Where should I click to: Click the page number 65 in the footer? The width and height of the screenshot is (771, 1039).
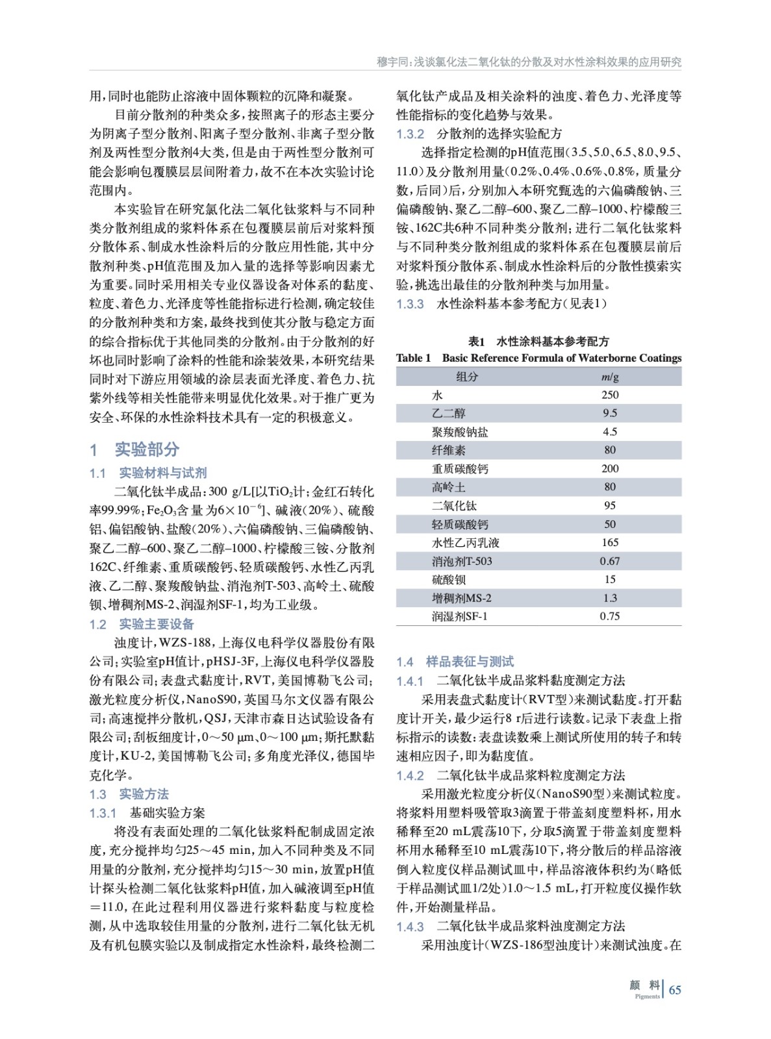[x=675, y=990]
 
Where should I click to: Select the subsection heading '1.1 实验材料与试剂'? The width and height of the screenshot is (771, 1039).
[x=148, y=473]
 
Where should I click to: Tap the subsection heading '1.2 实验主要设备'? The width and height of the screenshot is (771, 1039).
[x=142, y=624]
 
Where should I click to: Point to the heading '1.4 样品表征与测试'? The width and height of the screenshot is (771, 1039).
[x=455, y=661]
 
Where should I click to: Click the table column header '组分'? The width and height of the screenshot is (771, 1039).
[x=466, y=377]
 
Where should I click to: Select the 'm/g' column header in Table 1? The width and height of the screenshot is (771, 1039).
[x=609, y=377]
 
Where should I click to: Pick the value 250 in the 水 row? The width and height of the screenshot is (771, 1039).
[x=609, y=395]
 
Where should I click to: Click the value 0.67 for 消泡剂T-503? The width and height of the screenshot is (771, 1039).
[x=609, y=561]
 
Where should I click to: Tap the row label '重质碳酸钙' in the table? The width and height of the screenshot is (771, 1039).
[x=461, y=469]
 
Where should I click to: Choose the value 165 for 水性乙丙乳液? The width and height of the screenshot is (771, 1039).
[x=609, y=542]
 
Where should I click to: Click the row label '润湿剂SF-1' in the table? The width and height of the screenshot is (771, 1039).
[x=459, y=616]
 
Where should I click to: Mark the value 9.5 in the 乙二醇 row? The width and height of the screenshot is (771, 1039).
[x=609, y=413]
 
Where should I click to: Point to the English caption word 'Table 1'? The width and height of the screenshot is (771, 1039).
[x=413, y=358]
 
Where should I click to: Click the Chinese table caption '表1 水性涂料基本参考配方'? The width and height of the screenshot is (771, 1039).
[x=538, y=342]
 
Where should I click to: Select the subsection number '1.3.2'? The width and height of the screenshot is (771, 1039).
[x=410, y=134]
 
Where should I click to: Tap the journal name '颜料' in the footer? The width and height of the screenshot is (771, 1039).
[x=645, y=986]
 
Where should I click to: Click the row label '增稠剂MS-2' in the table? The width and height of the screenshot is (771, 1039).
[x=461, y=598]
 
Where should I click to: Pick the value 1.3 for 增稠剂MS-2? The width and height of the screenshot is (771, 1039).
[x=609, y=598]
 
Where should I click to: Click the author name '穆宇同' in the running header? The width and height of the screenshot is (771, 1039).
[x=392, y=62]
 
